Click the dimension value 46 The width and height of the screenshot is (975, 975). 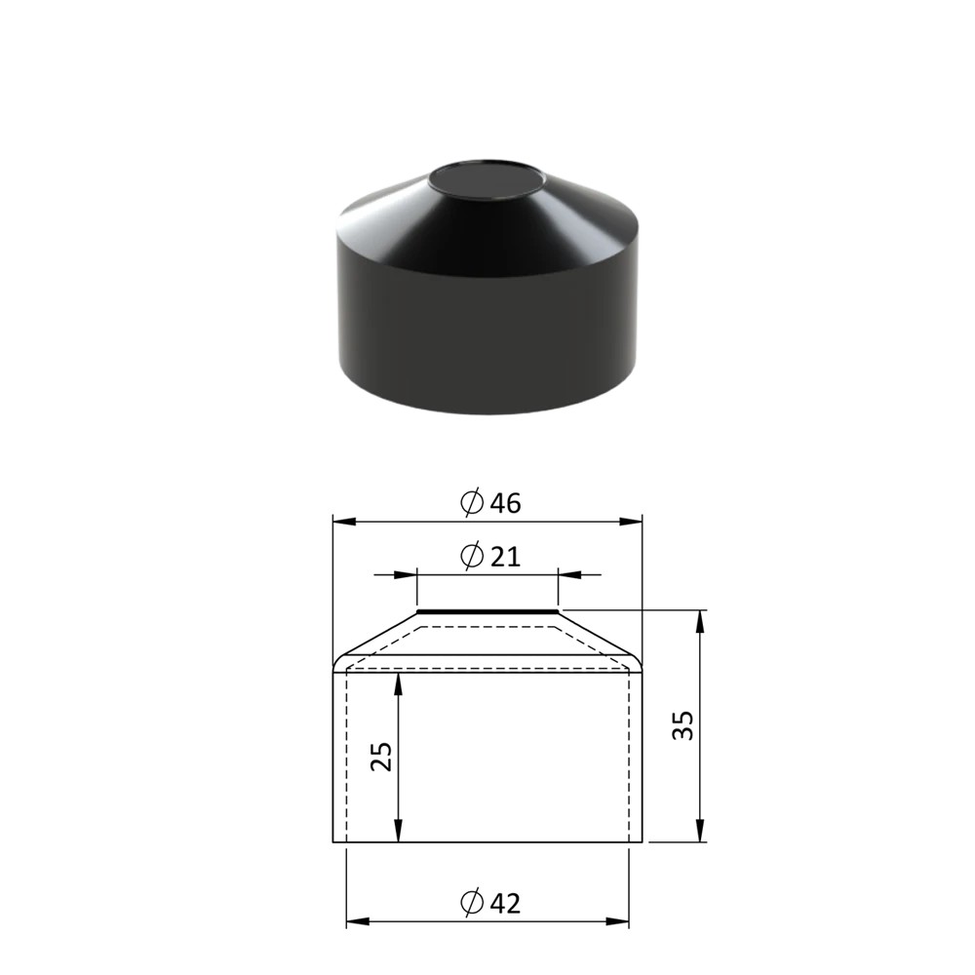(505, 503)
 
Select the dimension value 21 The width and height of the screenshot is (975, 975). (505, 557)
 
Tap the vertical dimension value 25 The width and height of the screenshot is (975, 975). (382, 757)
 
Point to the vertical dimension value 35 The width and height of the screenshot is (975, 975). (682, 725)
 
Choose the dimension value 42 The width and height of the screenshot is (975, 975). (505, 903)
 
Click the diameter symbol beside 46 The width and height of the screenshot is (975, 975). (472, 502)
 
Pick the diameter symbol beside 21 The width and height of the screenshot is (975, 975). (472, 556)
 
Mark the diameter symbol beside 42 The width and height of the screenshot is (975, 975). (472, 902)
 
